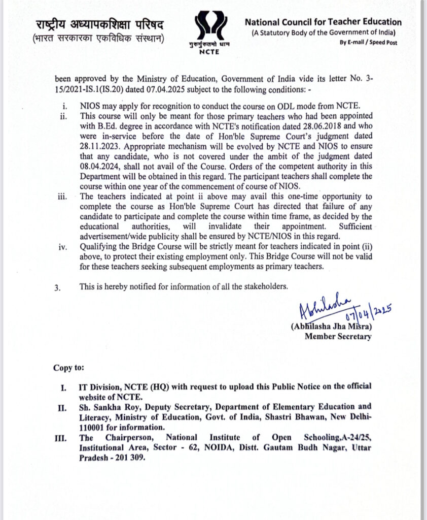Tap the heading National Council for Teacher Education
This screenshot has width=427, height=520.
(x=323, y=22)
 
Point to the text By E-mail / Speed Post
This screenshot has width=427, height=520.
(x=369, y=43)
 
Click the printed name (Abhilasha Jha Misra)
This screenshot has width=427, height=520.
(x=331, y=327)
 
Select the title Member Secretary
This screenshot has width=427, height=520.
(x=338, y=336)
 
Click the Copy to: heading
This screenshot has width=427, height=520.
(x=68, y=367)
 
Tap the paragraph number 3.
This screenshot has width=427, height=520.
(x=57, y=287)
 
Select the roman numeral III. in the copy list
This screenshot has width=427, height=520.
(x=62, y=437)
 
